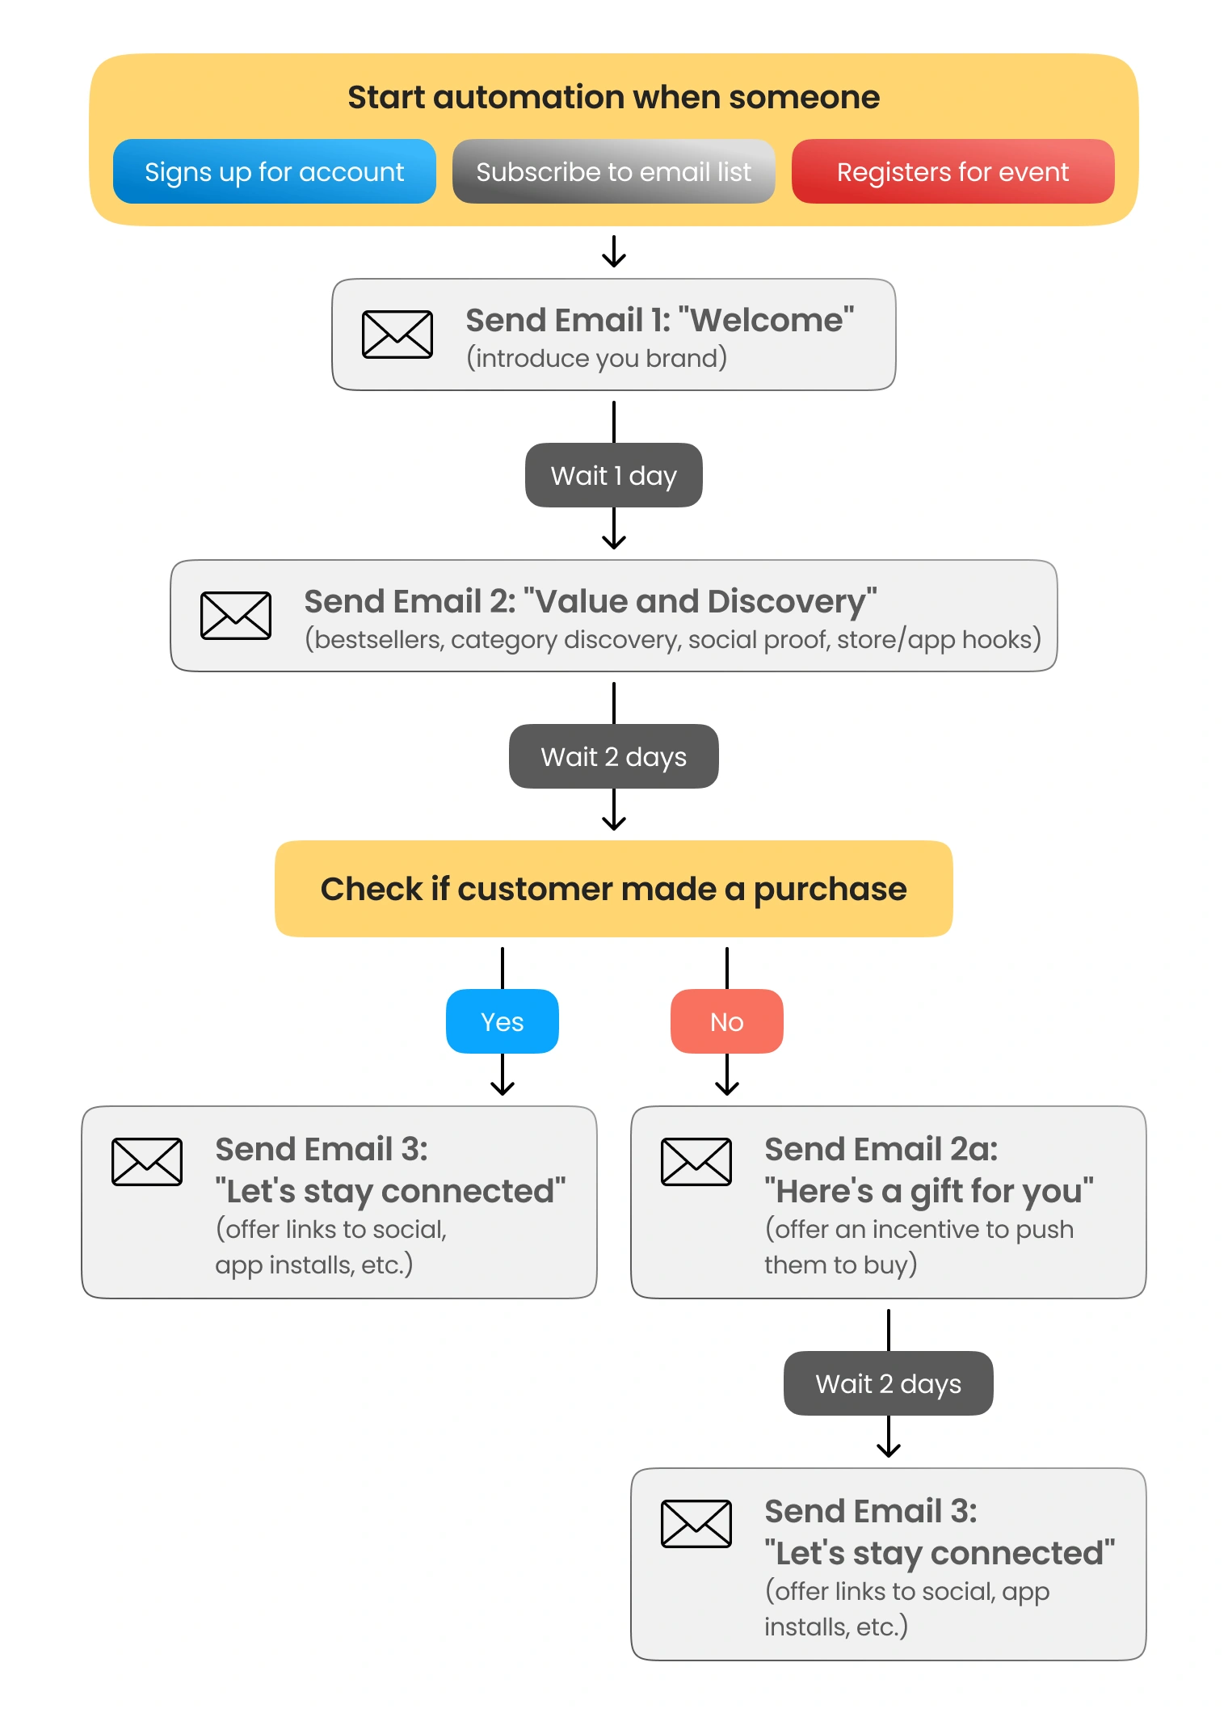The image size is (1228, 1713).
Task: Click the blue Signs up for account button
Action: [275, 171]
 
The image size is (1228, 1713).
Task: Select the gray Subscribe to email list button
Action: [614, 171]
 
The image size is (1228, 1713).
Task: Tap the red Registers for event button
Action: [953, 171]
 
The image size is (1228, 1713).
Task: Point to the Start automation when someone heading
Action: [614, 97]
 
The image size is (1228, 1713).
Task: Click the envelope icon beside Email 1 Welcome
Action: [397, 334]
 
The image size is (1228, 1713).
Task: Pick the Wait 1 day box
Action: [614, 475]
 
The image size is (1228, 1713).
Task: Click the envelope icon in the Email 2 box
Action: [236, 615]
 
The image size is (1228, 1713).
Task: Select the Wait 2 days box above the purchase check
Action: [614, 756]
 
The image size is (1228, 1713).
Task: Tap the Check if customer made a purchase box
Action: [614, 889]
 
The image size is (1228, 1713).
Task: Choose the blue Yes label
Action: [503, 1021]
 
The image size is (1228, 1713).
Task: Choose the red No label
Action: [727, 1021]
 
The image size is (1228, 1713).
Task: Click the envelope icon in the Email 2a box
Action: [696, 1161]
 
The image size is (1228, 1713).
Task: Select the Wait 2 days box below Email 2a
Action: [889, 1383]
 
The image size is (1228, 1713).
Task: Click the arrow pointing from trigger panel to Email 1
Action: [614, 251]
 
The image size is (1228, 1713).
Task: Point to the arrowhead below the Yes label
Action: [503, 1088]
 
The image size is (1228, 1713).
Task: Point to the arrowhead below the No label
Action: [727, 1088]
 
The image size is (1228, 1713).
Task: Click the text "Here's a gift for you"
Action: [929, 1191]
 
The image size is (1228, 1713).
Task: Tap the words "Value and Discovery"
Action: [700, 601]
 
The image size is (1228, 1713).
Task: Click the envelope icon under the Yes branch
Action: [147, 1161]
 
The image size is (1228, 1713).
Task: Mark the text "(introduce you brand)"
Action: [597, 358]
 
